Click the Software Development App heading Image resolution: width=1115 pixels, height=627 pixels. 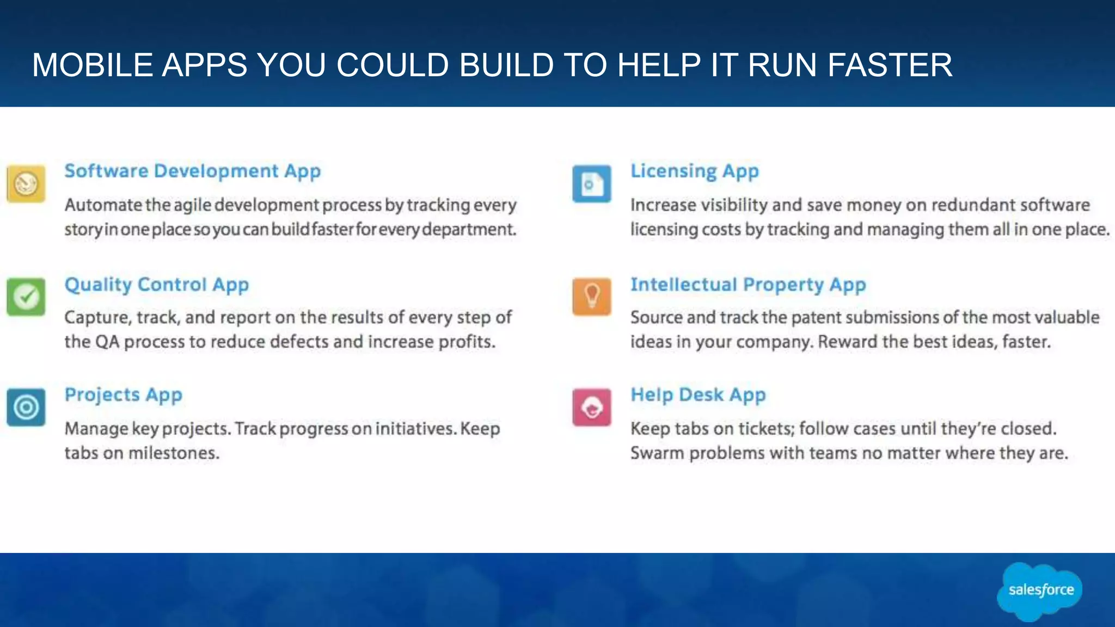click(192, 171)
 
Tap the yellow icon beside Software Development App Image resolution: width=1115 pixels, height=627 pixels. click(26, 184)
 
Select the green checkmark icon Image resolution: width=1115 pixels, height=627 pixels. click(26, 297)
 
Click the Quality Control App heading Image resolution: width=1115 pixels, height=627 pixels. click(156, 285)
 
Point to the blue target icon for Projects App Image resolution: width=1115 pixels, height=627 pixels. click(26, 407)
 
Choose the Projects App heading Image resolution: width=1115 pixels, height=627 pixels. click(123, 395)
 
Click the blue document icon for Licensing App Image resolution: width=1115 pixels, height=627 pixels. click(592, 184)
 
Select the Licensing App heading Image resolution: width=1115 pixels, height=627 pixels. click(694, 171)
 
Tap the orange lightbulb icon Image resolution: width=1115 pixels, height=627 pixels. click(592, 297)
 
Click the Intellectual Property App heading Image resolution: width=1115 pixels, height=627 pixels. click(748, 285)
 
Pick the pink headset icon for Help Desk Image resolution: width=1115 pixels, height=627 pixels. click(592, 407)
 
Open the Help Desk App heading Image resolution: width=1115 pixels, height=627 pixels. click(698, 395)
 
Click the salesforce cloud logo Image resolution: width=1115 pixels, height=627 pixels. click(1040, 591)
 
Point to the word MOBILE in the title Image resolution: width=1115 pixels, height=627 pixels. click(93, 65)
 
